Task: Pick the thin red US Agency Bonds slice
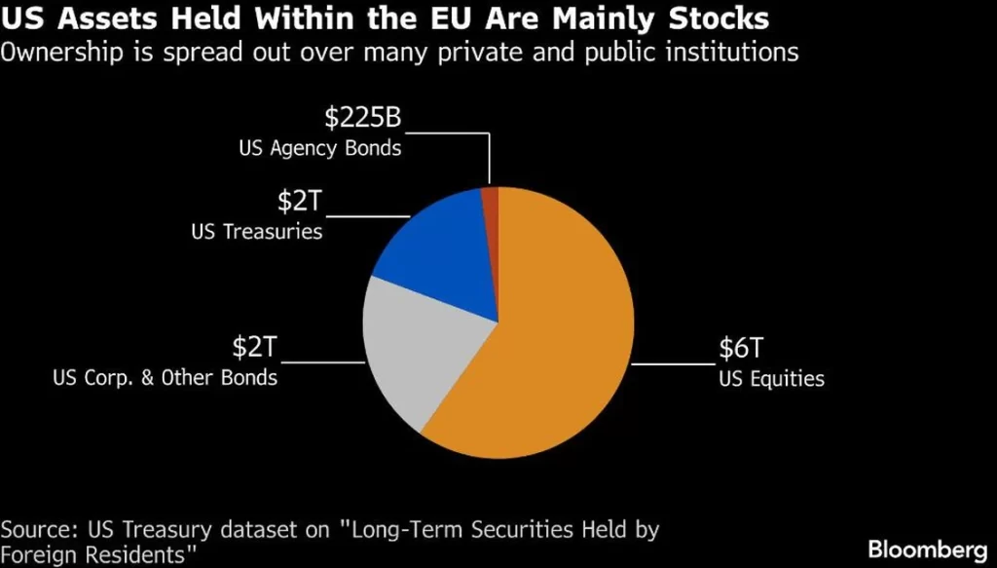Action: click(x=491, y=198)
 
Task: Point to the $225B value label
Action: click(x=362, y=118)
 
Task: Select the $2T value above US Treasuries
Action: click(x=299, y=202)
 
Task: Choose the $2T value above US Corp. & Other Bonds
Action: click(x=254, y=347)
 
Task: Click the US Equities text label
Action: click(x=771, y=379)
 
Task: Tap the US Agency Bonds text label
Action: click(x=320, y=149)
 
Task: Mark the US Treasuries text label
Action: click(x=258, y=232)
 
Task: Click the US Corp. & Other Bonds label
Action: click(x=165, y=377)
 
